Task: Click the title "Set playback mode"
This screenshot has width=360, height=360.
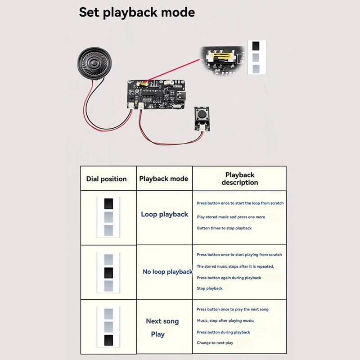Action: [x=137, y=12]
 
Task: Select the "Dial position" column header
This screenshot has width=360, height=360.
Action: [x=106, y=179]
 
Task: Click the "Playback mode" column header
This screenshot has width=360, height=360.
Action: [x=163, y=179]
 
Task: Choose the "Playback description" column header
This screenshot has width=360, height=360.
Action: [x=239, y=179]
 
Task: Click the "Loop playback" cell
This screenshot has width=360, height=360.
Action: [x=164, y=214]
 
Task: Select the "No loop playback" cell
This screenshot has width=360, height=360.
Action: [x=167, y=271]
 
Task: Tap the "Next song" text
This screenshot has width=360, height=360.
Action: [x=162, y=321]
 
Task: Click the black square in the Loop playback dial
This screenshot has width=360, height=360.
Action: [x=108, y=204]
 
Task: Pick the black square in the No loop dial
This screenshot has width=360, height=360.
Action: [x=108, y=273]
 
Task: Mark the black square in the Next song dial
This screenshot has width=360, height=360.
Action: [x=108, y=340]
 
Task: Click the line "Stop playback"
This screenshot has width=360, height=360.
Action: [x=209, y=288]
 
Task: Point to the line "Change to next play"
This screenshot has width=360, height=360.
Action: [x=215, y=343]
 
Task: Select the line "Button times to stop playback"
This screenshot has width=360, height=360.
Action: [x=224, y=228]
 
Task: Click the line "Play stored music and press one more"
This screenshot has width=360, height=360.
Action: [x=231, y=217]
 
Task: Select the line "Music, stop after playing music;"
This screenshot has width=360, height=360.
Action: [x=225, y=320]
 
